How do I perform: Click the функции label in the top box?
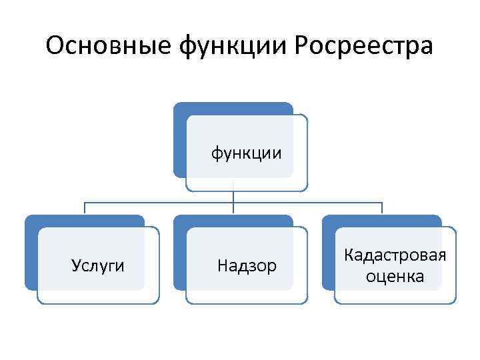pos(247,153)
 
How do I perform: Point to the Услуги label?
pos(98,266)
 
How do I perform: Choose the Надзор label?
pos(247,266)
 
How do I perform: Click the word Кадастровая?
pos(395,255)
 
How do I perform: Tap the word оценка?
pos(395,276)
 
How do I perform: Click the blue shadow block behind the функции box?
pos(179,140)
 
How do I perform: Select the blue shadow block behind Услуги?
pos(31,253)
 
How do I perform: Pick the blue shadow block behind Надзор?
pos(179,253)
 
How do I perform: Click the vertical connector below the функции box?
pos(233,197)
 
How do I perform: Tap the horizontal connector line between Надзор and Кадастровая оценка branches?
pos(307,202)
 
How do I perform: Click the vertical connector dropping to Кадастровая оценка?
pos(382,208)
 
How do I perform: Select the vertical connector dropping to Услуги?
pos(85,208)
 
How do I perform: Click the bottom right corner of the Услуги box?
pos(158,302)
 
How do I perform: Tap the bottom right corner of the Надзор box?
pos(307,302)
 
